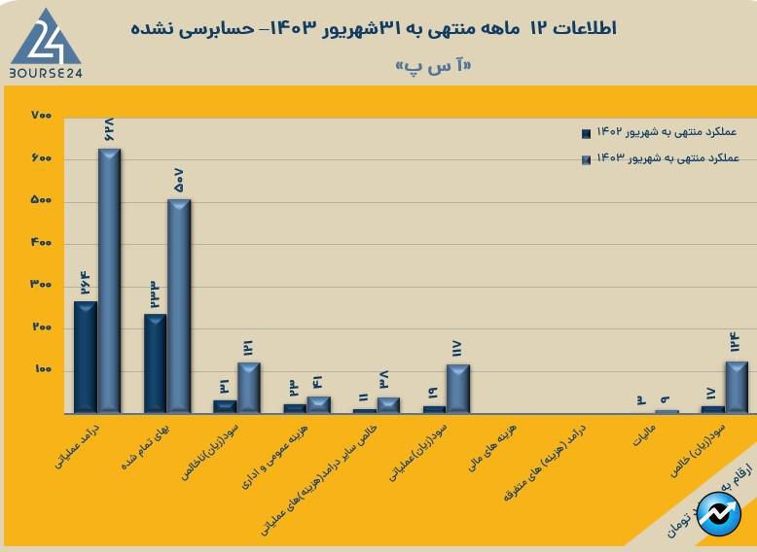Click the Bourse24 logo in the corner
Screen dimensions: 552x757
pyautogui.click(x=43, y=44)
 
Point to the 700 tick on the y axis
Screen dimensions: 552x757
pyautogui.click(x=41, y=117)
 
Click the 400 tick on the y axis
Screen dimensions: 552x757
pyautogui.click(x=41, y=243)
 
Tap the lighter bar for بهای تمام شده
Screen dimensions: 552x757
pyautogui.click(x=179, y=305)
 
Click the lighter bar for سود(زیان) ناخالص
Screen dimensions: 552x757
pyautogui.click(x=249, y=387)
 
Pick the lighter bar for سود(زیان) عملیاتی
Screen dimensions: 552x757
pyautogui.click(x=458, y=388)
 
